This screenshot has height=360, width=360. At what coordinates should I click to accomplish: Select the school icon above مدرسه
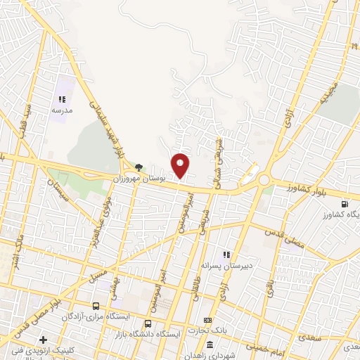(61, 101)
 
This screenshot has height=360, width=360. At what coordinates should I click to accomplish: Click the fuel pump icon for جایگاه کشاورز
(343, 205)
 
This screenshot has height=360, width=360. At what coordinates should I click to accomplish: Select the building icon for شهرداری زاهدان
(211, 344)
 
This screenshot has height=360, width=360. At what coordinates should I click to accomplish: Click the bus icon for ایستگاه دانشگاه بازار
(148, 324)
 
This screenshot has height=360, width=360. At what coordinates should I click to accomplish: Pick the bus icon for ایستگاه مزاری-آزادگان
(96, 307)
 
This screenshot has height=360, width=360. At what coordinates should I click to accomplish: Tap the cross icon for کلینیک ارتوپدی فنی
(44, 340)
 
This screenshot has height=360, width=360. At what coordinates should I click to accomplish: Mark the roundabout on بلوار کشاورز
(264, 180)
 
